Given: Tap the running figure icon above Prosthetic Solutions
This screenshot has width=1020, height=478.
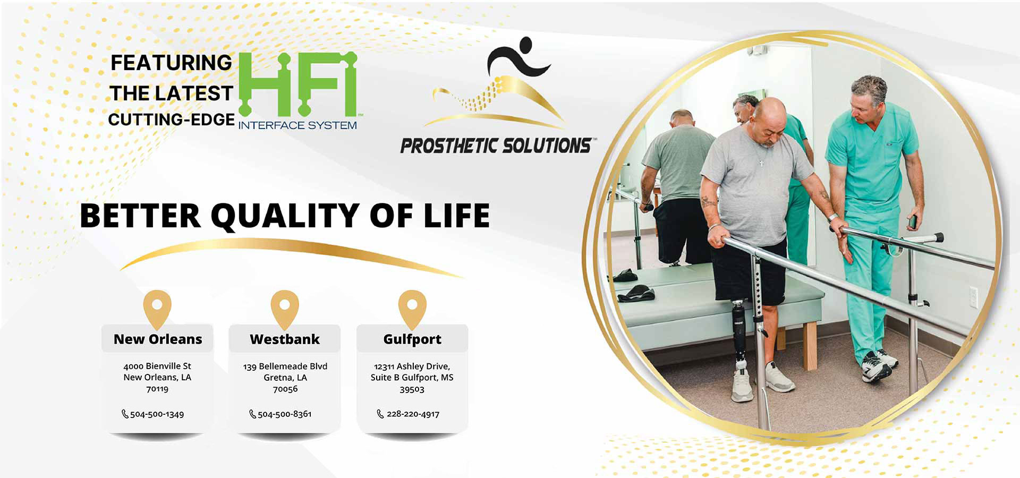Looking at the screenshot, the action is coord(518,57).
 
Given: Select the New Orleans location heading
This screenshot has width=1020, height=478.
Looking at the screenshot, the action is coord(158,339).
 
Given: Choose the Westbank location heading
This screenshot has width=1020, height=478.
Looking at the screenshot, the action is coord(285,339).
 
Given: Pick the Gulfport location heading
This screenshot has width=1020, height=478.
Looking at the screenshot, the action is coord(412,339).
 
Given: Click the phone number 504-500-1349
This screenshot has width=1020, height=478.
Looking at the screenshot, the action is coord(157,414).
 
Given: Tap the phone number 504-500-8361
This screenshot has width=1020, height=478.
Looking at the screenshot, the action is coord(285,414).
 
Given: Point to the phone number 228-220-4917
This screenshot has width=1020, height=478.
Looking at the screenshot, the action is coord(413,414).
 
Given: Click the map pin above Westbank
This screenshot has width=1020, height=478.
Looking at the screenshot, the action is coord(285,309).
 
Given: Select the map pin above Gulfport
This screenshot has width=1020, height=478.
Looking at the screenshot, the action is coord(412,309).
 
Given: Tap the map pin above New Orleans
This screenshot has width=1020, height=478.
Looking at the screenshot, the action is coord(157,309).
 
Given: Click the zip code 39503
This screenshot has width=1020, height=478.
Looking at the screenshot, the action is coord(412,389).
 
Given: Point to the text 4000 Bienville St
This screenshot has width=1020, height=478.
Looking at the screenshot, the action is coord(157,366).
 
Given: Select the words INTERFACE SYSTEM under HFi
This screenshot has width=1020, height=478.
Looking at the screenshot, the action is coord(297,125).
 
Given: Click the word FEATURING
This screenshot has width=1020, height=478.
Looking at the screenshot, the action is coord(171,63).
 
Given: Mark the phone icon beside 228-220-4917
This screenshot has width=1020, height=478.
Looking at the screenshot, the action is coord(380,414).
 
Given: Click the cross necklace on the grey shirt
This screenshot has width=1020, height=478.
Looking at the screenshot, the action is coord(761,162).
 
